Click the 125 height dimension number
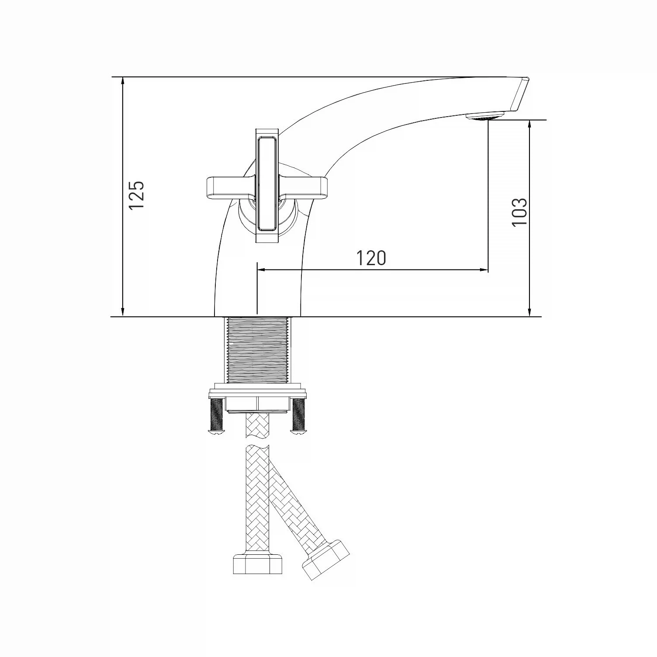click(x=137, y=194)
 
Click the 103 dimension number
click(x=519, y=212)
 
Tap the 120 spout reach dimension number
click(x=371, y=258)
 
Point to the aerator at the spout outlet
click(x=485, y=116)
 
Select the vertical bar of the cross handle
click(x=266, y=186)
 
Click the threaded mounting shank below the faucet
click(x=257, y=352)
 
